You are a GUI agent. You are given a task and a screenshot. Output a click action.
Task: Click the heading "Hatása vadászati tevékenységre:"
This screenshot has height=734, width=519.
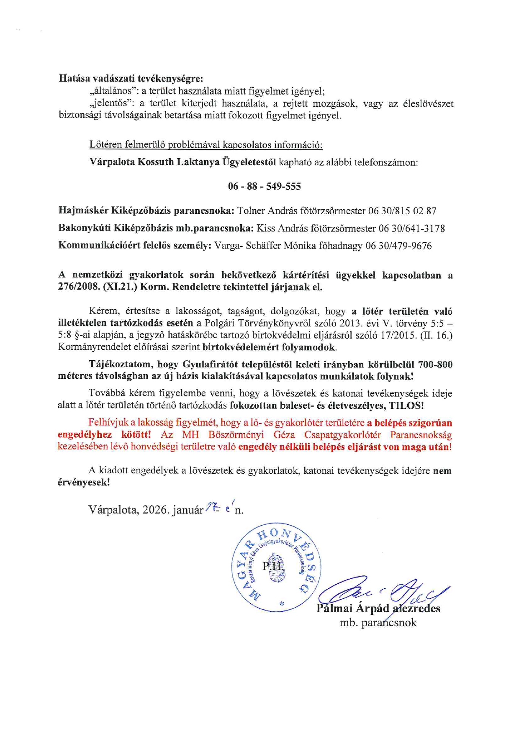tap(131, 78)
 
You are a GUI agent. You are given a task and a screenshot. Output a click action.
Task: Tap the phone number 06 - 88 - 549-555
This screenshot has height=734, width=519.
tap(264, 187)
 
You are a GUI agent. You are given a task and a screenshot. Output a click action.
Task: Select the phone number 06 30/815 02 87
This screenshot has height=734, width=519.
tap(402, 211)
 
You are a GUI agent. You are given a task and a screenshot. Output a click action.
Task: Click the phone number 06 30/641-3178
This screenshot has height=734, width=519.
tap(411, 228)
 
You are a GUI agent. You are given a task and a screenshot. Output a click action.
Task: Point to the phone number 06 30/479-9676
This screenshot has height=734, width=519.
tap(398, 246)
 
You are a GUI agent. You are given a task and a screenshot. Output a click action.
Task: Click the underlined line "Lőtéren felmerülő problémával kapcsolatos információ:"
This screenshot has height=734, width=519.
tap(206, 145)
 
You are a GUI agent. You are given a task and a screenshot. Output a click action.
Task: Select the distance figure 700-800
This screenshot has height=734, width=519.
tap(435, 365)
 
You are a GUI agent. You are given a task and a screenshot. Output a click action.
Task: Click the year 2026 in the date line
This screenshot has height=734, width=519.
tap(155, 510)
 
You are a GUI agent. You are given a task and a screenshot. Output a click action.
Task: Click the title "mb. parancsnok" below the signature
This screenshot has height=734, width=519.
tap(378, 623)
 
